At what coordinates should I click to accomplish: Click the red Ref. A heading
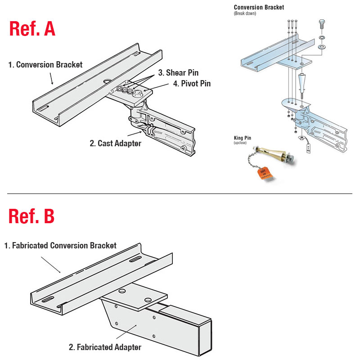click(x=32, y=28)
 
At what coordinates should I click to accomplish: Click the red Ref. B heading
click(x=31, y=216)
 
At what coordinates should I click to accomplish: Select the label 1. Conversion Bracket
click(x=45, y=65)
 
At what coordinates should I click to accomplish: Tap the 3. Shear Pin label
click(x=178, y=73)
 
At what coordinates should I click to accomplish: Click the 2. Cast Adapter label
click(x=116, y=144)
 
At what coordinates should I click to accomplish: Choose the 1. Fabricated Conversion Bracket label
click(x=60, y=246)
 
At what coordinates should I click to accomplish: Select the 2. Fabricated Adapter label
click(x=105, y=347)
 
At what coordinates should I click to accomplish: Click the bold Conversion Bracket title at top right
click(x=259, y=7)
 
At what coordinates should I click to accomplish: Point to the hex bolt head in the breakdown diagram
click(x=322, y=23)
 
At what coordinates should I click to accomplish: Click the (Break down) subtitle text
click(x=245, y=13)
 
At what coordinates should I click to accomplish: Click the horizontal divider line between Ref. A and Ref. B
click(x=180, y=194)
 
